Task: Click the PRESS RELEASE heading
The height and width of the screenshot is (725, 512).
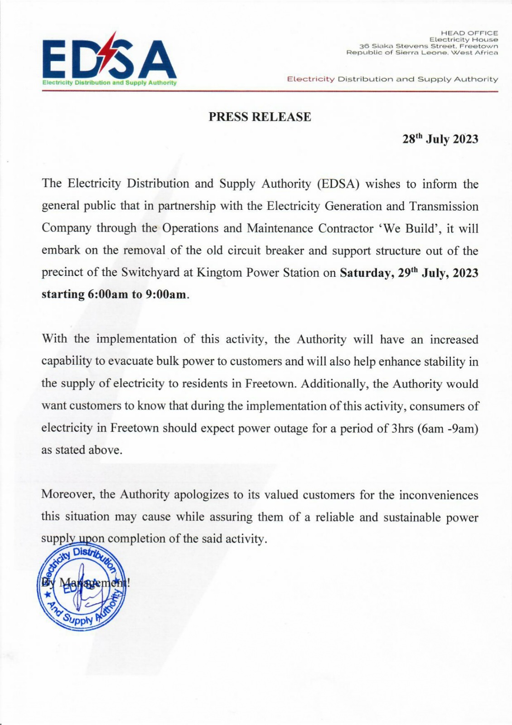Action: coord(260,117)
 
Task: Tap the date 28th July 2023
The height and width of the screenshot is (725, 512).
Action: coord(440,139)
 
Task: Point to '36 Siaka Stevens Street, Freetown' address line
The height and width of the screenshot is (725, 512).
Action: coord(428,46)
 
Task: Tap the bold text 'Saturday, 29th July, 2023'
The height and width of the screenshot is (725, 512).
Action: coord(409,273)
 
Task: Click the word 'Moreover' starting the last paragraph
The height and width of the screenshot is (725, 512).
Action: coord(68,494)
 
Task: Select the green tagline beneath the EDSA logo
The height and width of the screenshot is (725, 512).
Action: coord(109,83)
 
